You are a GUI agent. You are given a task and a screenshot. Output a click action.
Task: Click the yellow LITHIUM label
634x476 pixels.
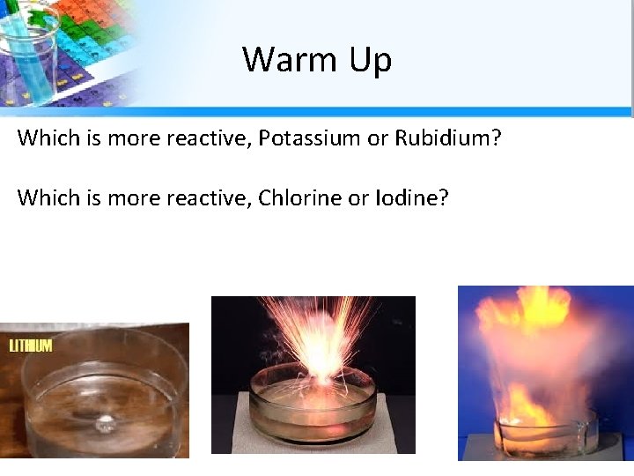coord(31,346)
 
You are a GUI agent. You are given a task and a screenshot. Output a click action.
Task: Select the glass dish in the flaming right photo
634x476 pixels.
coord(546,432)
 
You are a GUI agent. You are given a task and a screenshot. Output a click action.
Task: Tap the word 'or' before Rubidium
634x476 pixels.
coord(378,138)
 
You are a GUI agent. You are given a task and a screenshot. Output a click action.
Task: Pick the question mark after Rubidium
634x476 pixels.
coord(495,138)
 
